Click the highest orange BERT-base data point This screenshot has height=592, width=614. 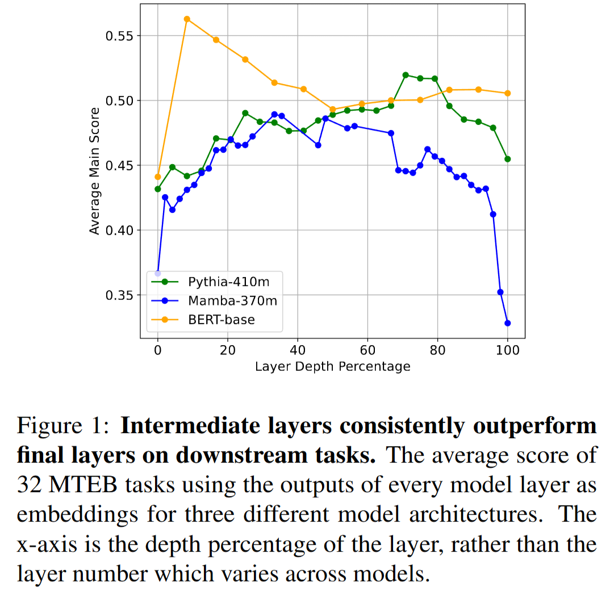[187, 19]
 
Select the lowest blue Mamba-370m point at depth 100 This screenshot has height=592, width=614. [507, 323]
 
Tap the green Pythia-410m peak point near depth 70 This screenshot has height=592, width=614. [406, 75]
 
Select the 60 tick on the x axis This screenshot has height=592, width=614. [367, 350]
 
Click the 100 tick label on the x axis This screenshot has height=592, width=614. [507, 350]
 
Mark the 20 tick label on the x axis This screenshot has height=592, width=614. [228, 350]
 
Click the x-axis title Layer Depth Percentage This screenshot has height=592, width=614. [332, 367]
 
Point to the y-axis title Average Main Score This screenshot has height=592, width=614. [95, 170]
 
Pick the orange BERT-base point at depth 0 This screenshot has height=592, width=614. [158, 177]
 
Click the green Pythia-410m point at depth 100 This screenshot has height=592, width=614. [507, 159]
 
